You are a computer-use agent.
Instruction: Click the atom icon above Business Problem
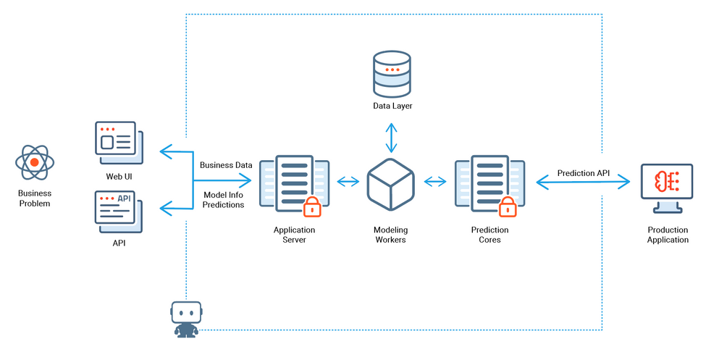(35, 162)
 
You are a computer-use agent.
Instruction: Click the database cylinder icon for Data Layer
(392, 73)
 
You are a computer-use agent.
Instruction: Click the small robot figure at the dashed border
(186, 319)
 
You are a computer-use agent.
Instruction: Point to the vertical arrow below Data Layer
(391, 138)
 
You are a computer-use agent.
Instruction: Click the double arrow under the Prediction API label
(583, 184)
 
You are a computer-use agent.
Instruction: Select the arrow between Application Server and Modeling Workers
(348, 181)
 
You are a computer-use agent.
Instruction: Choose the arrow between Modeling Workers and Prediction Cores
(434, 181)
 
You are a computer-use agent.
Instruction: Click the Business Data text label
(226, 164)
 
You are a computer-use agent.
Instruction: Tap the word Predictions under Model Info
(223, 205)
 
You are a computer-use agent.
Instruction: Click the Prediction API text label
(584, 173)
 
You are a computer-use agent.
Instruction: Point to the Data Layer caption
(392, 106)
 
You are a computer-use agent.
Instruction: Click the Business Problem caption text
(35, 198)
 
